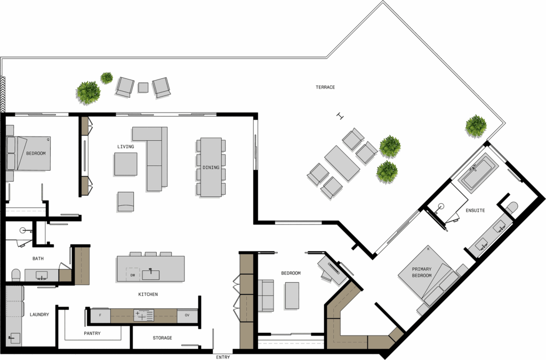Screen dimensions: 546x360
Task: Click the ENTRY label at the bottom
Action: tap(223, 357)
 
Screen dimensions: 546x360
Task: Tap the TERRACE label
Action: tap(325, 87)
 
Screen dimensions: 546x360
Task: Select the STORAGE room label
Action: tap(162, 338)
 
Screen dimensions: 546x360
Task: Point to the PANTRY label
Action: tap(92, 333)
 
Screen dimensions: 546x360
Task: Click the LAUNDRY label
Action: tap(39, 314)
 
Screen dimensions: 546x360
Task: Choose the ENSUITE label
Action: tap(475, 210)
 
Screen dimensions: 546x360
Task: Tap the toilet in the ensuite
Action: tap(511, 208)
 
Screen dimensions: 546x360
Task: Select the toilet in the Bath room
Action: tap(16, 275)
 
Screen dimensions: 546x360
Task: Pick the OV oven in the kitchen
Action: tap(187, 315)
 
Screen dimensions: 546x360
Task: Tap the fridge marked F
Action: tap(100, 315)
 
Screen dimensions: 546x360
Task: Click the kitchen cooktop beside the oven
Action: tap(143, 315)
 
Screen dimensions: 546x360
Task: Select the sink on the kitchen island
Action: tap(150, 275)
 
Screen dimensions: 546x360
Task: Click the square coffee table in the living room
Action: tap(126, 164)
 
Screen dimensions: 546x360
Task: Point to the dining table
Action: tap(211, 167)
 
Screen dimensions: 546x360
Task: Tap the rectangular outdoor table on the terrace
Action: tap(342, 163)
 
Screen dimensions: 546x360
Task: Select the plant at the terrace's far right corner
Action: tap(476, 126)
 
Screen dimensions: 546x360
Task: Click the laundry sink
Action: tap(14, 338)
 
